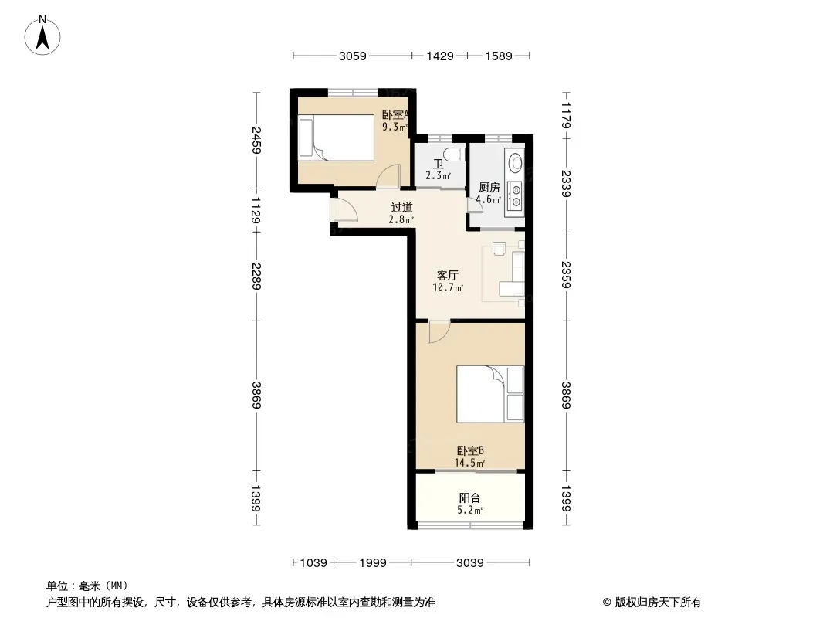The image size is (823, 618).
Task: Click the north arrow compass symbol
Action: [x=42, y=36]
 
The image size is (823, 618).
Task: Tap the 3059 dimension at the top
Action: [x=353, y=56]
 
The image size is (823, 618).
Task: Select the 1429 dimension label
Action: [x=440, y=56]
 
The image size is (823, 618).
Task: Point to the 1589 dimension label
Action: [x=499, y=56]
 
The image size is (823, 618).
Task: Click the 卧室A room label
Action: [x=395, y=114]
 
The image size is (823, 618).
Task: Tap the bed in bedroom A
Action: [x=336, y=137]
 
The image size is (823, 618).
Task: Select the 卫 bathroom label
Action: [x=438, y=164]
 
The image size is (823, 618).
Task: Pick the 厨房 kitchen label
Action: [x=489, y=188]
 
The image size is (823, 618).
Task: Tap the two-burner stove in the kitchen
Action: [x=516, y=195]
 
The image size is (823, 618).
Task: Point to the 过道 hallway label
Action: [x=402, y=207]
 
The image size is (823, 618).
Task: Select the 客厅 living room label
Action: [x=448, y=275]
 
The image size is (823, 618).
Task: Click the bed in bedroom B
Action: [x=490, y=394]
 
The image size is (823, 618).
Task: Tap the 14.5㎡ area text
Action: [x=469, y=463]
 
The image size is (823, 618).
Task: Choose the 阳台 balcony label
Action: [x=469, y=497]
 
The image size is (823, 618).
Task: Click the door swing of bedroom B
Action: [x=439, y=331]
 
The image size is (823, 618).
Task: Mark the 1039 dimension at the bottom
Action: [x=313, y=563]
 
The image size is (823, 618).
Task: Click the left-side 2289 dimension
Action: [x=256, y=276]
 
